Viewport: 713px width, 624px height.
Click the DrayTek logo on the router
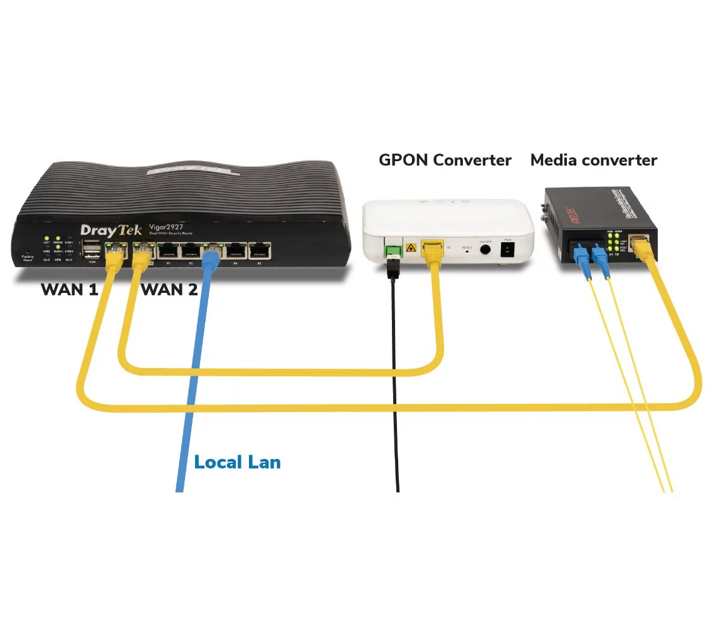112,230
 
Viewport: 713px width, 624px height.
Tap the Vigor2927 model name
166,227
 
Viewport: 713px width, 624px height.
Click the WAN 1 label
70,290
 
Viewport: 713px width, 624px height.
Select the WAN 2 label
169,290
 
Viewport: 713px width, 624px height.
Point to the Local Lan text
237,463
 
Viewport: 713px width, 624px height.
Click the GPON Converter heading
445,160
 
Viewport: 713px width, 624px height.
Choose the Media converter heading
593,160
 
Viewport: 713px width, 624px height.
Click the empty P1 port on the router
168,251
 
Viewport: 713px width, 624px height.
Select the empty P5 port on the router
259,251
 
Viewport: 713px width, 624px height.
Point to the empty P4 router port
236,251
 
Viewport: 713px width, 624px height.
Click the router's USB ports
92,250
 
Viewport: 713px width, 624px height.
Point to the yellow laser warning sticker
412,247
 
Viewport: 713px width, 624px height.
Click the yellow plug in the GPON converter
432,251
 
